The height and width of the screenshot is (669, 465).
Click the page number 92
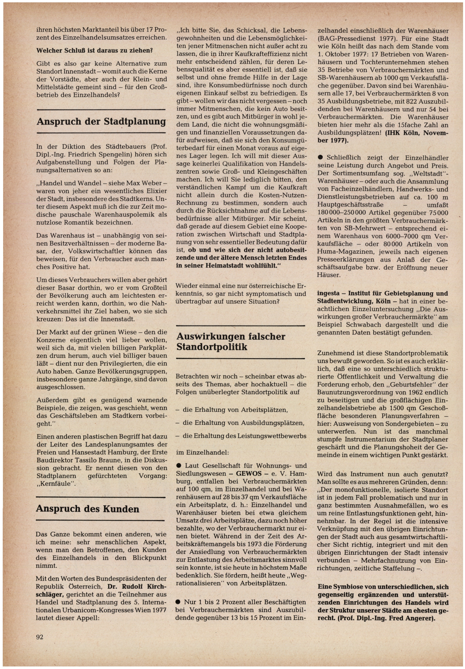40,637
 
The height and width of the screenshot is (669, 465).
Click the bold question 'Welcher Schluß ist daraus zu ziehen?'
95,50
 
